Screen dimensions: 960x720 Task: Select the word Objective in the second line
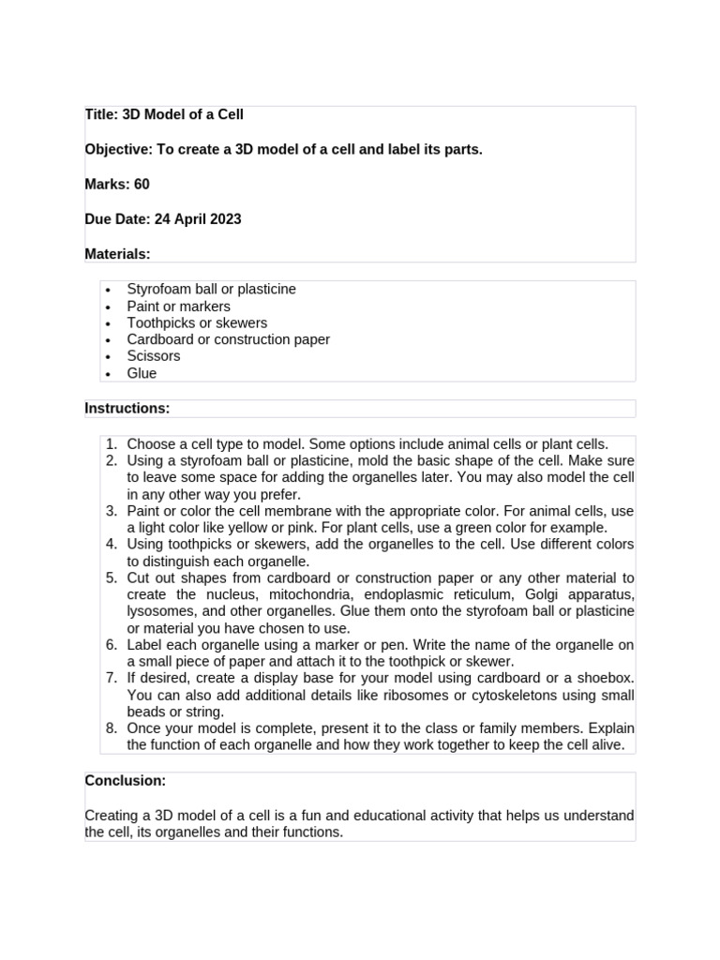118,149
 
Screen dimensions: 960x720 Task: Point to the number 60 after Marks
142,184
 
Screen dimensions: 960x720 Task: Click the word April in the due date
187,219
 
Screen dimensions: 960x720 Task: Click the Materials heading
117,254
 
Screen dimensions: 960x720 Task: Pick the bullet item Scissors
154,356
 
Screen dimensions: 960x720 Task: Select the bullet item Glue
142,373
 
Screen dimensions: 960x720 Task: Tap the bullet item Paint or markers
178,307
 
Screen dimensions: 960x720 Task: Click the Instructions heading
127,408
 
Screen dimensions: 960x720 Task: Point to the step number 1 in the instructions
110,444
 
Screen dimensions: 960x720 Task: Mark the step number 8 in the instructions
110,728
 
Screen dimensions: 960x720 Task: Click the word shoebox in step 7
605,678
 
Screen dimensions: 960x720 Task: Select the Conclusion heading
126,780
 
